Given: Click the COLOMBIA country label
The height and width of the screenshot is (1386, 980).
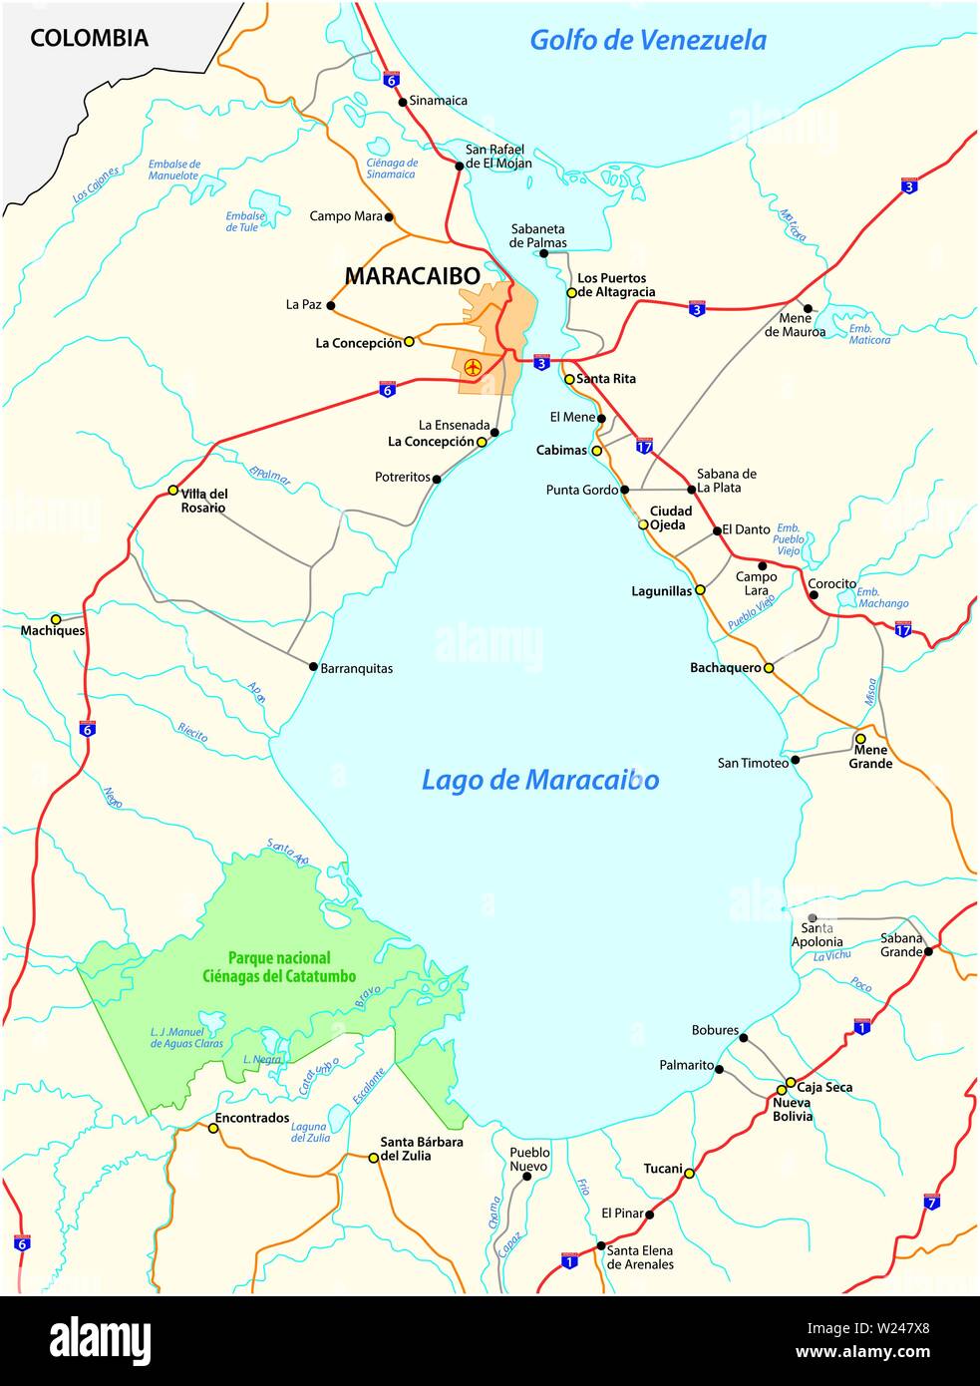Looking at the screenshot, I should coord(89,38).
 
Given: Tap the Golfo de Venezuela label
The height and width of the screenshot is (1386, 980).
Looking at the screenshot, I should coord(647,40).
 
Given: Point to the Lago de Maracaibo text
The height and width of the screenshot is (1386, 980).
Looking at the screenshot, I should coord(539,780).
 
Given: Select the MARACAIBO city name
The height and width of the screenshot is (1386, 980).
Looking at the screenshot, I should coord(412,276).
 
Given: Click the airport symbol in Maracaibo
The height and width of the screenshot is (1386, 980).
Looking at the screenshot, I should coord(474,368).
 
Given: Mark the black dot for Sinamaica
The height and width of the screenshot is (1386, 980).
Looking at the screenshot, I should coord(402,101).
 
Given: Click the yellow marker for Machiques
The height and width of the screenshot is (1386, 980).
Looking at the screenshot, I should coord(56,619).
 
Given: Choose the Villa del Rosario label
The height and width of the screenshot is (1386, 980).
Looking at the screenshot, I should coord(203,501).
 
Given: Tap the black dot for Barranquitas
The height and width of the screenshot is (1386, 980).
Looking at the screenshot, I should coord(313,667).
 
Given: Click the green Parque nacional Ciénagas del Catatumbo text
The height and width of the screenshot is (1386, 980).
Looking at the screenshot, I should coord(279,967).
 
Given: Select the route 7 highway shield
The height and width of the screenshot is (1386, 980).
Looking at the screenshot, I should coord(931,1203).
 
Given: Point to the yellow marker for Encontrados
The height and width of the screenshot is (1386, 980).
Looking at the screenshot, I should coord(212,1129).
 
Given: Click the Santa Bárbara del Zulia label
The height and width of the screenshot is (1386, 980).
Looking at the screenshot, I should coord(421,1149).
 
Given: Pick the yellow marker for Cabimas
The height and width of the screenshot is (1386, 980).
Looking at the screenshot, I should coord(597,451).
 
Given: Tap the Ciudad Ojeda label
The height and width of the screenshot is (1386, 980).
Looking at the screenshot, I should coord(671,518).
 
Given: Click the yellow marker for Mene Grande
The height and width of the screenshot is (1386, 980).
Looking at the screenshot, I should coord(860,739).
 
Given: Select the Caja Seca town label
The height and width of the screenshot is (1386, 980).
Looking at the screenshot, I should coord(824,1087).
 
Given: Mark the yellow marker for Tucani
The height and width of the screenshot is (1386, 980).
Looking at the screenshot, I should coord(689,1174).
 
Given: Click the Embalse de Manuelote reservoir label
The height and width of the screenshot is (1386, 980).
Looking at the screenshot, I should coord(174,170).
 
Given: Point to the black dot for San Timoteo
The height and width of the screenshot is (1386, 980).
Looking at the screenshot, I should coord(795,762).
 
